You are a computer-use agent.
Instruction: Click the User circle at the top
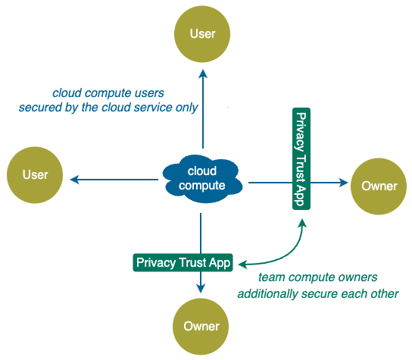[x=202, y=34]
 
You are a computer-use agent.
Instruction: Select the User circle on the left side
[x=35, y=175]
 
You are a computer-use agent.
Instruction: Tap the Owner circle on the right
[x=379, y=186]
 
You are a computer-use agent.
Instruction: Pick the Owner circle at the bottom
[x=201, y=327]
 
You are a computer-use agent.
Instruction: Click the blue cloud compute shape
[x=202, y=179]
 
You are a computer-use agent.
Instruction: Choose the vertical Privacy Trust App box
[x=301, y=159]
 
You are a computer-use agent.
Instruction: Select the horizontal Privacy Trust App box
[x=183, y=262]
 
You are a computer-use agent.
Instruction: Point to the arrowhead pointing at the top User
[x=203, y=74]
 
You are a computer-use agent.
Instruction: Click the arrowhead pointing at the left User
[x=75, y=180]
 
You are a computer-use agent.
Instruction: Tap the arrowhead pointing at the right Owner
[x=344, y=183]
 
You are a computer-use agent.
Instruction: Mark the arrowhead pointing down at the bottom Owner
[x=201, y=289]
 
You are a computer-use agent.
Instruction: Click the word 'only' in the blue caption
[x=187, y=108]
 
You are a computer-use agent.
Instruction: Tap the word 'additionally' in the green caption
[x=267, y=294]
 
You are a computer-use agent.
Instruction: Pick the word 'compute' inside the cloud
[x=202, y=186]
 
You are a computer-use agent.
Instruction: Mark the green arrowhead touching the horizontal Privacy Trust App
[x=242, y=265]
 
